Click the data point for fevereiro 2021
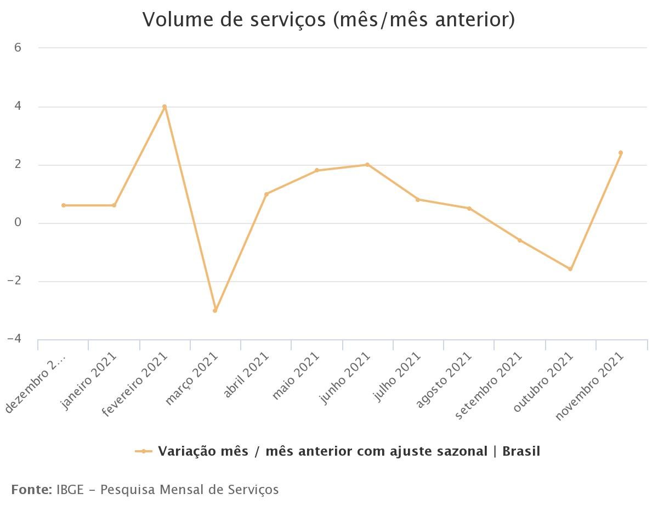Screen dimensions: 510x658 164,107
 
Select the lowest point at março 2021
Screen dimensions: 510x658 215,311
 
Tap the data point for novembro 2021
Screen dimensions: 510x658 621,153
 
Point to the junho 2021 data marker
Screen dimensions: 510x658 367,165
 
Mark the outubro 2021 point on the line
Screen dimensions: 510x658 570,269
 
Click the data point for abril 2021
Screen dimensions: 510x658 266,194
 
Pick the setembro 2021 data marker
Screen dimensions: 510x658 520,240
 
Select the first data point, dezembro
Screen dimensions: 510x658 64,205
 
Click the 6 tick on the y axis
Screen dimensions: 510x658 18,48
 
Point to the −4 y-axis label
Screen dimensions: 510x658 14,339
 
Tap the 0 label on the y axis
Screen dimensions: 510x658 18,223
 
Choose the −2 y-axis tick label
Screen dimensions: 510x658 14,281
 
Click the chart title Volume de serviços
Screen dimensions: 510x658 328,20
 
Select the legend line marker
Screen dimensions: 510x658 144,451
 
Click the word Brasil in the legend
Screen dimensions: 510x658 521,451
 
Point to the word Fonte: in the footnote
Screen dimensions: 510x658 31,489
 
